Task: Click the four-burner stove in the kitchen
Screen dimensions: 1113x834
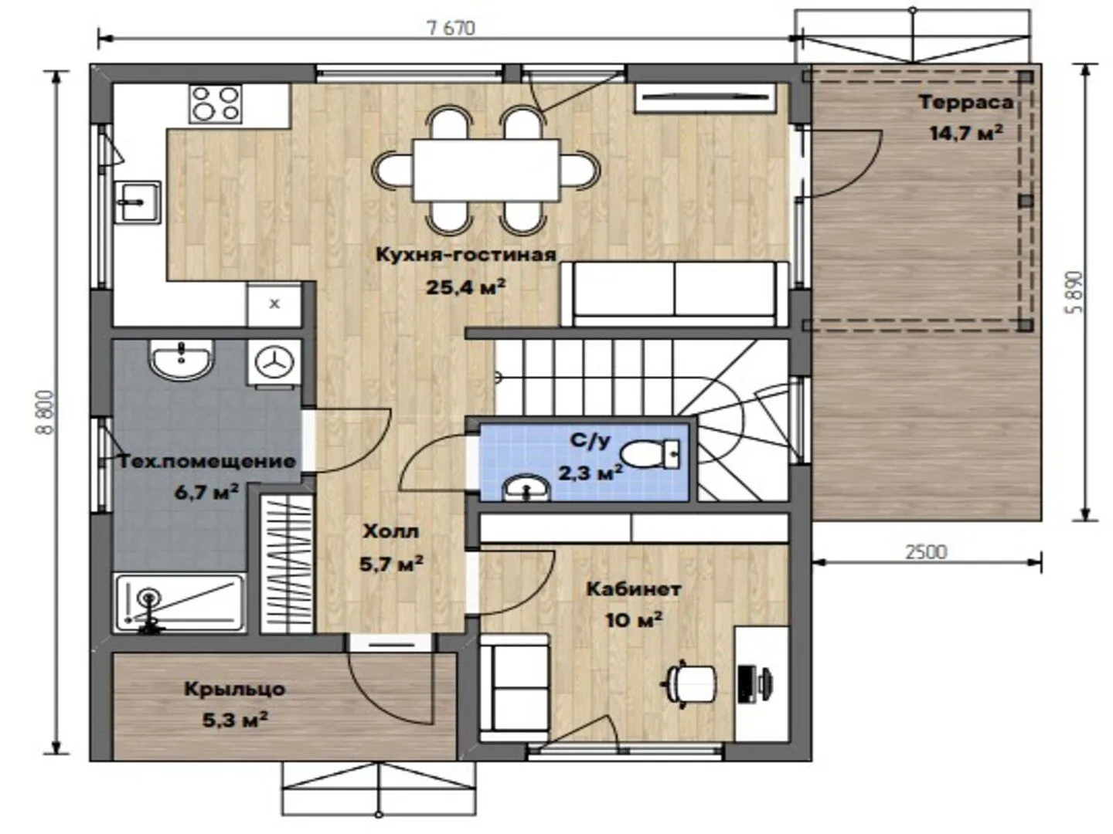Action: (x=216, y=103)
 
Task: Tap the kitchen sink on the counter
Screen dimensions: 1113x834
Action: (x=138, y=202)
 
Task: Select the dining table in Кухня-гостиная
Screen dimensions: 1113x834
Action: (x=486, y=170)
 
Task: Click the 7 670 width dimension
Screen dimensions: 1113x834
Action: (x=451, y=29)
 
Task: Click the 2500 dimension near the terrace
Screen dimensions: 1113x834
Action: (x=926, y=552)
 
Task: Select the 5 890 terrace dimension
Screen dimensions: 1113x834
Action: (x=1074, y=292)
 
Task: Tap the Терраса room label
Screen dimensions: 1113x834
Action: (x=966, y=102)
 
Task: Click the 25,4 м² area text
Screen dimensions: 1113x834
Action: (x=465, y=287)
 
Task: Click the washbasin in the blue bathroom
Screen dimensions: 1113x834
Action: (x=526, y=489)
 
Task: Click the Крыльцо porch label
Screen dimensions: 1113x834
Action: (x=235, y=689)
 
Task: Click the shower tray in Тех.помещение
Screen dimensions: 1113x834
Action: (x=180, y=602)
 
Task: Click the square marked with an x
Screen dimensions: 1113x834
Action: (x=274, y=303)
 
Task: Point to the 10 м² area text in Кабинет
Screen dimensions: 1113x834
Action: (x=634, y=620)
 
